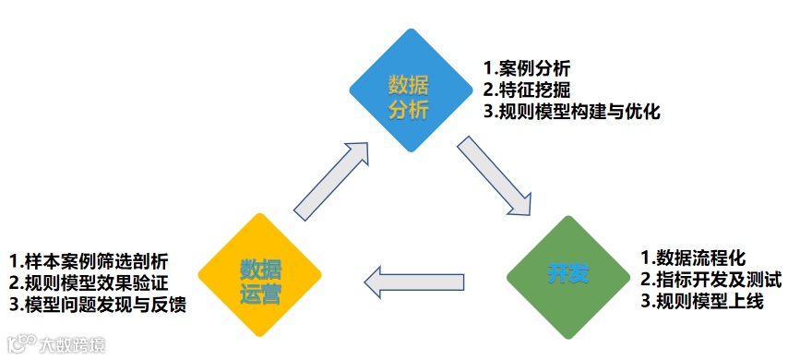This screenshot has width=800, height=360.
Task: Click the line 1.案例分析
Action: click(527, 68)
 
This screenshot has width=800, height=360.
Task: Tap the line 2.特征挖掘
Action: click(527, 90)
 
